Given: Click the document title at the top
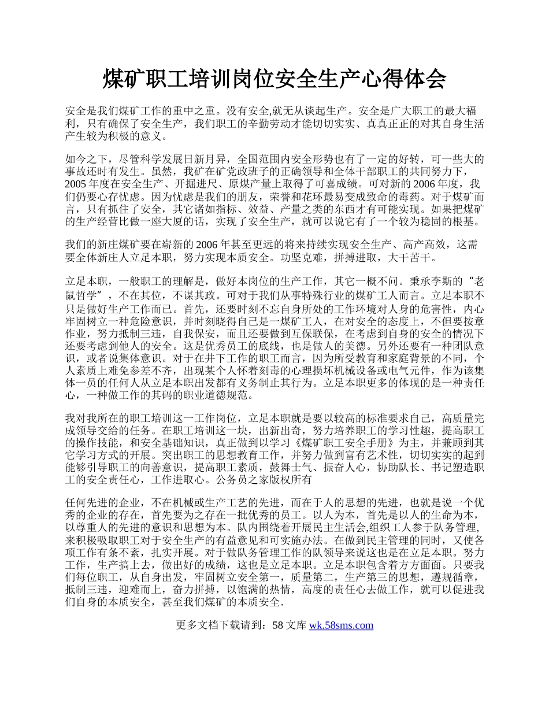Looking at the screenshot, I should (x=274, y=79).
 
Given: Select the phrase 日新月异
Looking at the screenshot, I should (x=208, y=159).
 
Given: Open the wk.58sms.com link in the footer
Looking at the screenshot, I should (x=341, y=625).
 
